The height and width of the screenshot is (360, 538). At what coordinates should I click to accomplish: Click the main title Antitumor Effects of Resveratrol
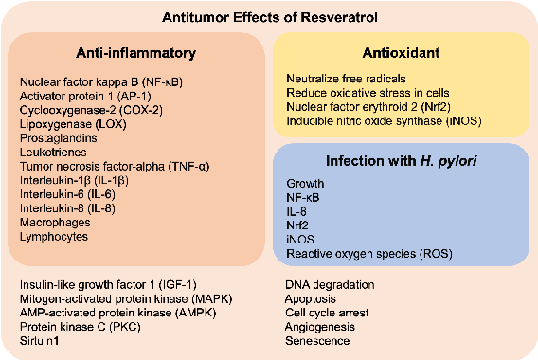[268, 15]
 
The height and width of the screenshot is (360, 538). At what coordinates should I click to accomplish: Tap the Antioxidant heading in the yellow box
[398, 51]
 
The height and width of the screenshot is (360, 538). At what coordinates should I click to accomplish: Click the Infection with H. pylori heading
[397, 160]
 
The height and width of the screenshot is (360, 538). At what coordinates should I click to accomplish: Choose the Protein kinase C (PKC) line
[75, 326]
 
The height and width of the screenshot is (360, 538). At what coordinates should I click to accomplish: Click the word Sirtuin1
[41, 340]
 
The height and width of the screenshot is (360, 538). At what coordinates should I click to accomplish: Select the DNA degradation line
[328, 284]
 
